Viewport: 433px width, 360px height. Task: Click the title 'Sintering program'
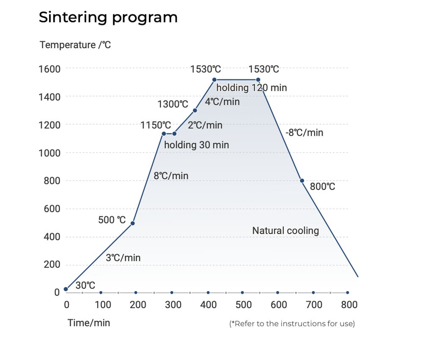108,18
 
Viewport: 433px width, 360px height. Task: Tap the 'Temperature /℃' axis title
75,45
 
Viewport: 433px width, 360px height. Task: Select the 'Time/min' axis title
89,323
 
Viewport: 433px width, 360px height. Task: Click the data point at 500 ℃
132,223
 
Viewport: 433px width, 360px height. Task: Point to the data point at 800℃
302,180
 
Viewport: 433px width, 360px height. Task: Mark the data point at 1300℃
195,110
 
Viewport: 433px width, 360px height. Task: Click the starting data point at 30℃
66,289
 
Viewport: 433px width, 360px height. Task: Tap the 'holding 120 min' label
252,88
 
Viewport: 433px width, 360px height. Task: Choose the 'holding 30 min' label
197,145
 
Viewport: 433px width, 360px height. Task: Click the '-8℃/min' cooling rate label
304,133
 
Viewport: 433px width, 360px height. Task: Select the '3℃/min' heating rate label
123,258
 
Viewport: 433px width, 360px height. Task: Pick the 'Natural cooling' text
285,231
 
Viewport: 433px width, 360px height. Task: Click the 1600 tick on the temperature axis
49,68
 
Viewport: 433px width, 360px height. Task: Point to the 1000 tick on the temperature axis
49,153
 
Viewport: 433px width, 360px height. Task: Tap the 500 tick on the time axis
243,305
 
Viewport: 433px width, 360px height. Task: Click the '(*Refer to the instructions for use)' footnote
292,324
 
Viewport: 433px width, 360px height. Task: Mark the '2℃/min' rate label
205,125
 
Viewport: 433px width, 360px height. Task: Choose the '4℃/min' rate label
222,102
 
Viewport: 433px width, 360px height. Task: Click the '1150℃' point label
156,125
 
